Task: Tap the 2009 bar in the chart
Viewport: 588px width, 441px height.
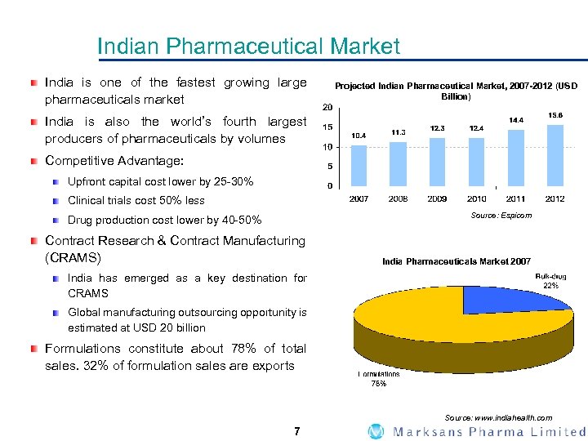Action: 438,162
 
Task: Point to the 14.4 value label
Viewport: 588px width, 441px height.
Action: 516,120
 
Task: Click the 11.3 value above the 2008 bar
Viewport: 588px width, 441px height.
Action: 399,132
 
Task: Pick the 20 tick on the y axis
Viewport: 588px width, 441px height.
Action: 326,108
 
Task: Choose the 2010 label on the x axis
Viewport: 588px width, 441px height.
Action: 477,198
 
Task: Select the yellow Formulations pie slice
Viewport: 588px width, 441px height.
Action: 425,327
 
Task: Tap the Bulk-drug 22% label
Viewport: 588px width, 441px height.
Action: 551,282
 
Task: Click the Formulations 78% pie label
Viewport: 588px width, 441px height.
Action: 379,378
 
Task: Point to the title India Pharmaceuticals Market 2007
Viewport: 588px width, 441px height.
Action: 456,261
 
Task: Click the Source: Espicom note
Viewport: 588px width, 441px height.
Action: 501,216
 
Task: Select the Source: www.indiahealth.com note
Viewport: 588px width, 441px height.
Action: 504,417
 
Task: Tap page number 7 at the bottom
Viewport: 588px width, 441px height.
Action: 297,431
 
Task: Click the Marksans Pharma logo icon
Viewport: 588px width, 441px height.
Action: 376,431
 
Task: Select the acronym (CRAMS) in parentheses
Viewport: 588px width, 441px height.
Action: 73,258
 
